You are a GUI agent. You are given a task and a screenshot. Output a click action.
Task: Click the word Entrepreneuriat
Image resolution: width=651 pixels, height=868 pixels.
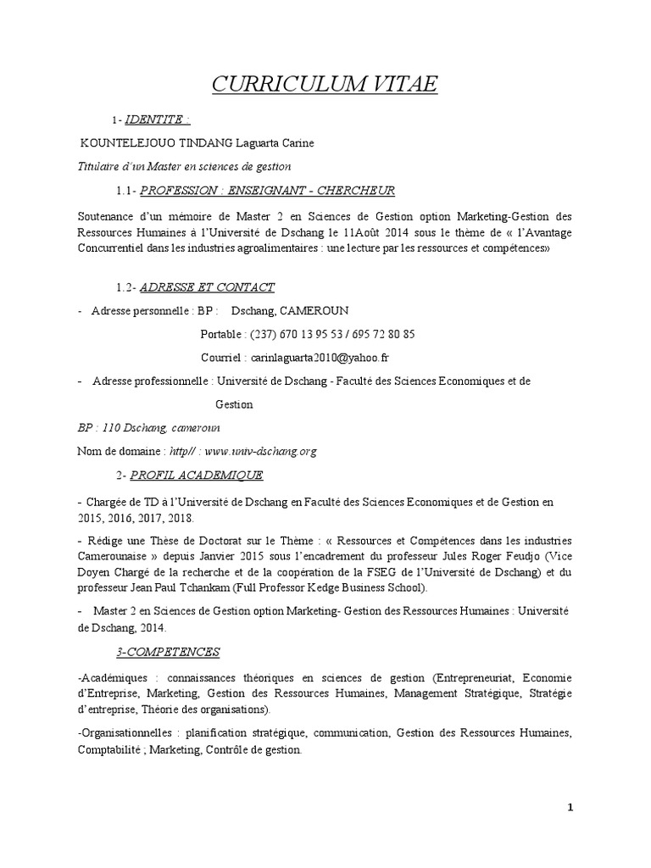pos(472,678)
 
